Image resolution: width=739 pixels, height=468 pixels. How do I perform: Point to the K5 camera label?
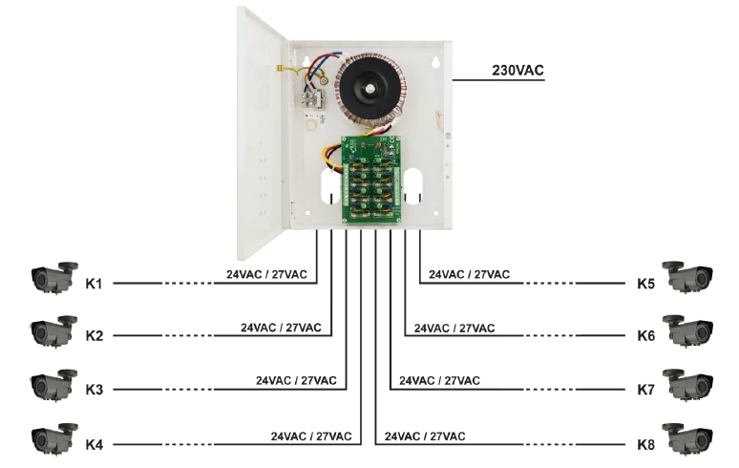(x=646, y=284)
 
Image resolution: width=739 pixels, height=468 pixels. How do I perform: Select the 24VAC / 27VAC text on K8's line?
(x=425, y=436)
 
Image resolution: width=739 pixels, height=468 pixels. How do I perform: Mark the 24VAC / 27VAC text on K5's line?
(x=469, y=275)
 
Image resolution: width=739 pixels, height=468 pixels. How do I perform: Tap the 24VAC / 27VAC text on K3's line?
(x=296, y=380)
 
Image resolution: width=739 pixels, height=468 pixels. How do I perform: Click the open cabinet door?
(x=260, y=129)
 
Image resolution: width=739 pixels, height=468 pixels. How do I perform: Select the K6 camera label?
(x=646, y=336)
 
